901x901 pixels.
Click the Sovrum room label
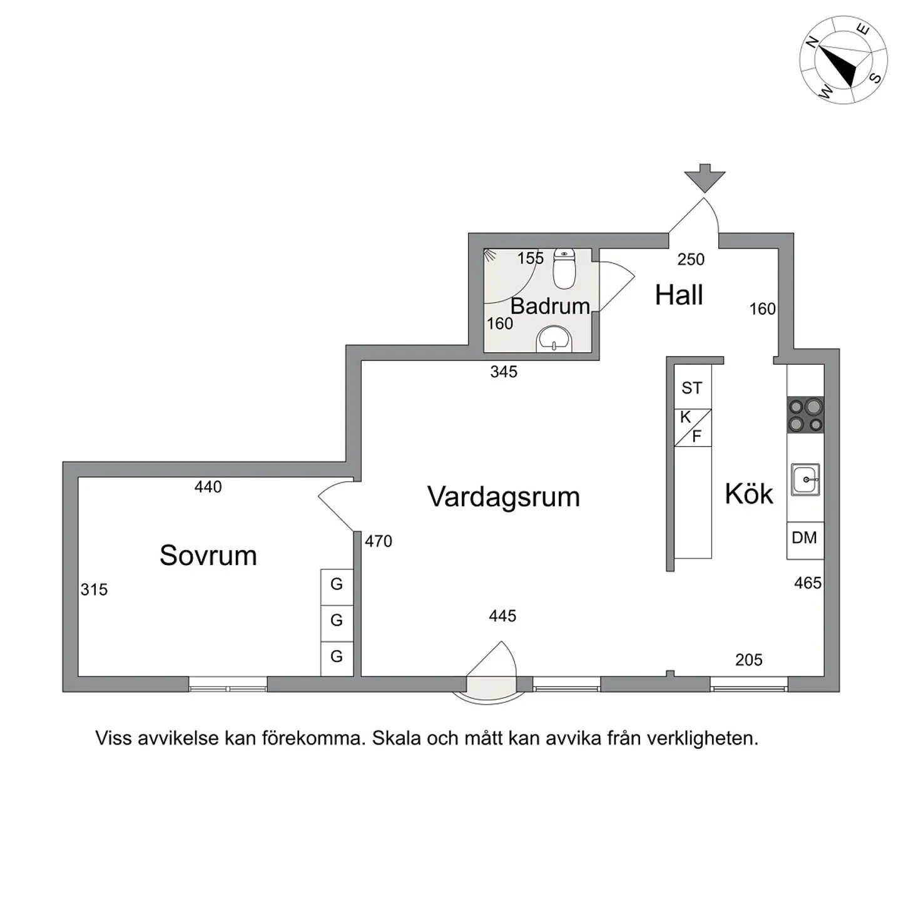(208, 556)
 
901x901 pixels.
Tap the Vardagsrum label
(504, 497)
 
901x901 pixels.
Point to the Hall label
(679, 295)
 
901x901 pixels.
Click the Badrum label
(551, 306)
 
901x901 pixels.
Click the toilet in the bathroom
(565, 268)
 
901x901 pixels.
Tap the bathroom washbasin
(554, 339)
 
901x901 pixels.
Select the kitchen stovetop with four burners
(806, 415)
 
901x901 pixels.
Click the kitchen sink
(806, 479)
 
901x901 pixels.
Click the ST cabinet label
(691, 388)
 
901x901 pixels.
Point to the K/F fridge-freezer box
(693, 428)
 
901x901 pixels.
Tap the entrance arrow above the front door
(705, 178)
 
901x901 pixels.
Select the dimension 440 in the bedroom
(208, 487)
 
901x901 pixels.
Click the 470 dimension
(379, 541)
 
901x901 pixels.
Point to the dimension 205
(748, 659)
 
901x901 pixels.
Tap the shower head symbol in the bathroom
(489, 255)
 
